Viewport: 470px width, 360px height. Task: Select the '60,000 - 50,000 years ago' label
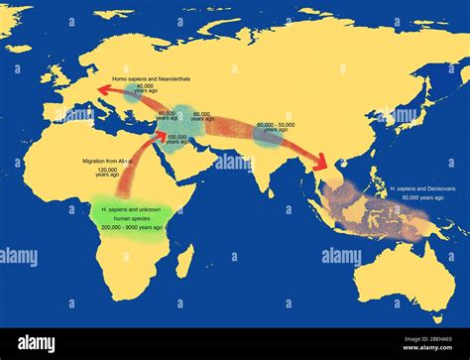[x=275, y=128]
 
